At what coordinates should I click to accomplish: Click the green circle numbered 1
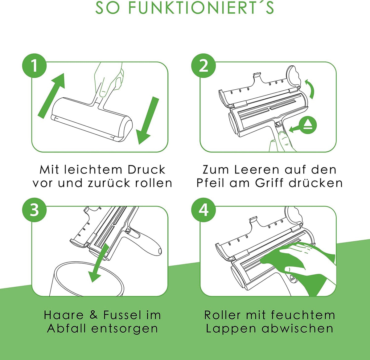click(x=34, y=66)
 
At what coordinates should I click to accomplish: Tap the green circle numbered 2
click(x=203, y=66)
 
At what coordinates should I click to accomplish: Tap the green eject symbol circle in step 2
click(x=308, y=125)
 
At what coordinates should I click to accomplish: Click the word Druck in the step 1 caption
click(x=146, y=170)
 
